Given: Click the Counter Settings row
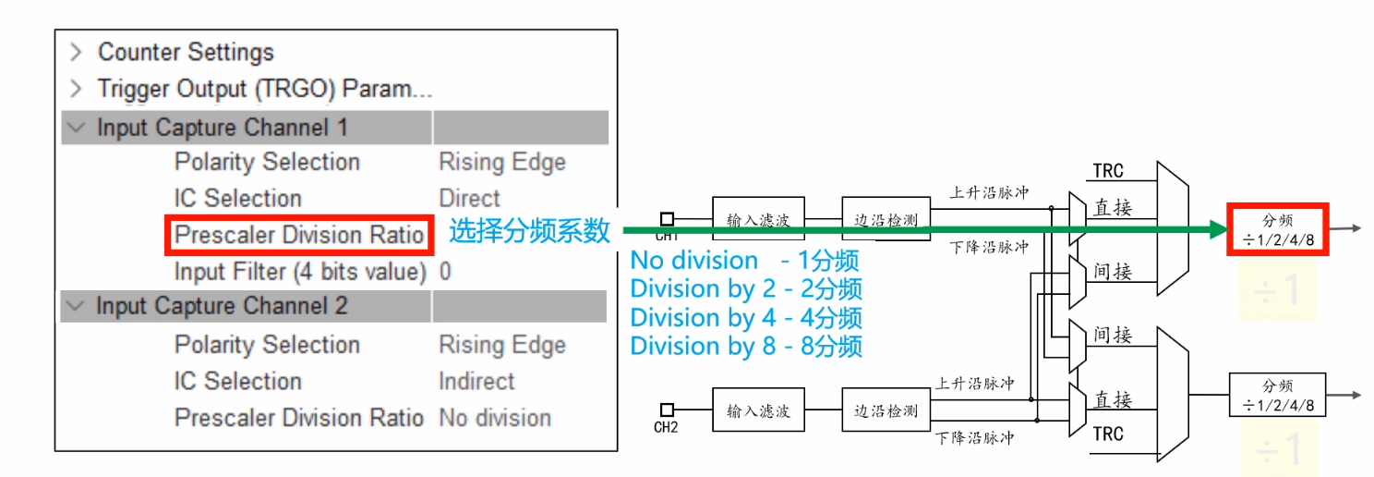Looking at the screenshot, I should (186, 53).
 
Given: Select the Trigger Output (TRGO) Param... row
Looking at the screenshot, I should (264, 90).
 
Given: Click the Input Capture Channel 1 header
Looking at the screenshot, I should (222, 128).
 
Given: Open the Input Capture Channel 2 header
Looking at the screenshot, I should (222, 306).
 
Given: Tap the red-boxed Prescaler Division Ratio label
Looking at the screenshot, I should (299, 235).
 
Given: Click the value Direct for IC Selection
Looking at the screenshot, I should (469, 199).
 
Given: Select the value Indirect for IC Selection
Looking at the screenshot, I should (476, 381).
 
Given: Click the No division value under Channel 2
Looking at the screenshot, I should (494, 418).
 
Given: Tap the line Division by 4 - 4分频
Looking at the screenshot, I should (746, 318).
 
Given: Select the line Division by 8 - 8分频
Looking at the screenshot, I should (746, 347).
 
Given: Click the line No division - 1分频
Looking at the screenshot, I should (744, 262).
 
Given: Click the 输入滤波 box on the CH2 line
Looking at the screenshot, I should (757, 410).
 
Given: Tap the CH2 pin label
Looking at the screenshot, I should (666, 427).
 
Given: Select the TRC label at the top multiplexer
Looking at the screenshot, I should (1108, 171).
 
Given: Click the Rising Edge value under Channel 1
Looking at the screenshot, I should (501, 163).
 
